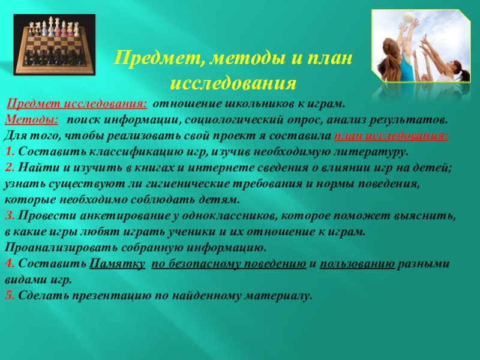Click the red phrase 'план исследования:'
point(390,135)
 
